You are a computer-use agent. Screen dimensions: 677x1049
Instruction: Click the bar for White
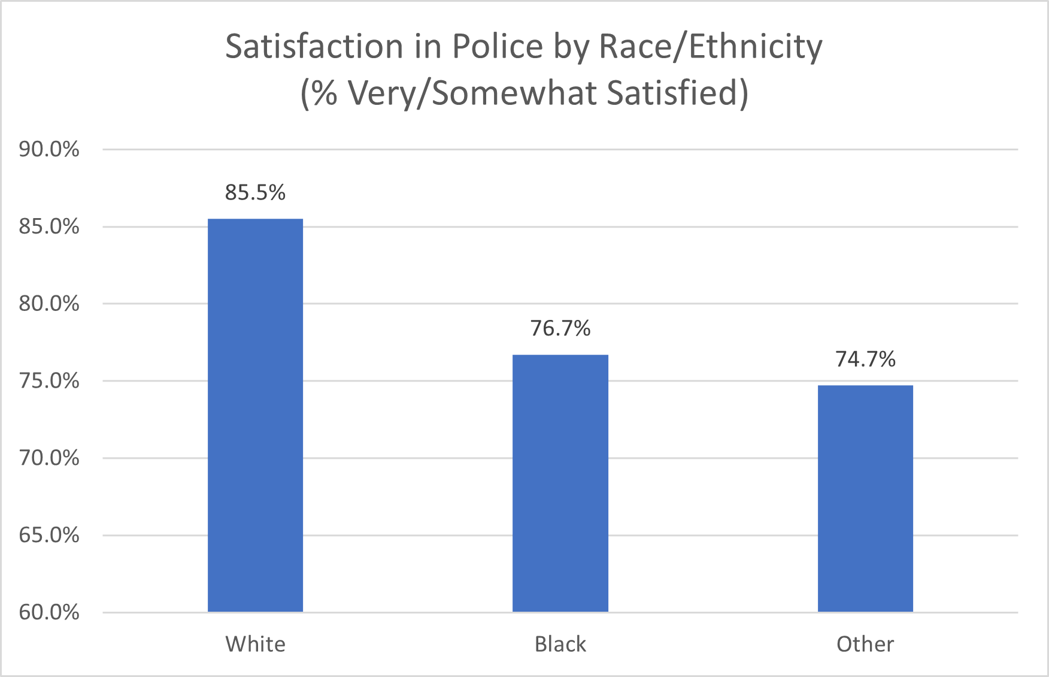click(255, 415)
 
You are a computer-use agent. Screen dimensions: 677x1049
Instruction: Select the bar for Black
click(560, 483)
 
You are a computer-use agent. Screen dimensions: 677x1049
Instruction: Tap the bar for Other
click(865, 498)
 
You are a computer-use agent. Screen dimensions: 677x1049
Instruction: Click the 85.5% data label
click(255, 193)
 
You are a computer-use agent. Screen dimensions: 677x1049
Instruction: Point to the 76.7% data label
click(560, 328)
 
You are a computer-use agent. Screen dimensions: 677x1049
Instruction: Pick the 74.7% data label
click(865, 359)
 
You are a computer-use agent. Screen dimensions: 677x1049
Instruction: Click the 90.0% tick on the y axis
click(49, 149)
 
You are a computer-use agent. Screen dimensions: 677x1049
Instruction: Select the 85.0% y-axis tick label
click(49, 226)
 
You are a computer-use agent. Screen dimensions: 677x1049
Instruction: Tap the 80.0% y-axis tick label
click(49, 304)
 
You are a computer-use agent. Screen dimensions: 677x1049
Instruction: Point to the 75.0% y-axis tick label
click(49, 381)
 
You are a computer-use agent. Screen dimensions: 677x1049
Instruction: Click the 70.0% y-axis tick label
click(49, 458)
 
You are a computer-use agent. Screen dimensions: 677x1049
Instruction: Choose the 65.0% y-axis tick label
click(49, 535)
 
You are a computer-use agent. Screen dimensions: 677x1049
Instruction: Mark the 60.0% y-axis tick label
click(49, 612)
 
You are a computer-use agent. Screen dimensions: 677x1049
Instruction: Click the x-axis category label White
click(255, 644)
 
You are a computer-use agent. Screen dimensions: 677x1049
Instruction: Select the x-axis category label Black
click(560, 644)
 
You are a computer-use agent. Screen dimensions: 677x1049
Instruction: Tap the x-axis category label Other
click(865, 644)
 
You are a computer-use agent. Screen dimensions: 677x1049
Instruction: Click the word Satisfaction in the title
click(314, 47)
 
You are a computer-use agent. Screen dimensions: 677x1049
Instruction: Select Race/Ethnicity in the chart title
click(711, 47)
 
